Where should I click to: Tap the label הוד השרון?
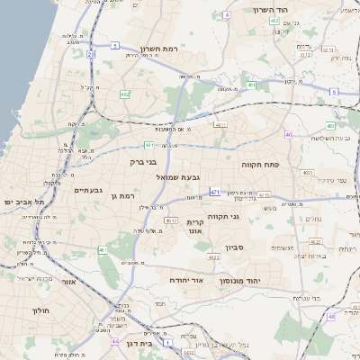(x=319, y=10)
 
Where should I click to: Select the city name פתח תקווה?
(x=261, y=166)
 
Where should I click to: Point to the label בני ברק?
(x=143, y=163)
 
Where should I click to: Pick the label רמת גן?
(x=119, y=195)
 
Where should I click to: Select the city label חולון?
(x=21, y=310)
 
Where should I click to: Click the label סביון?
(x=235, y=246)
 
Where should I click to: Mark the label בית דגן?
(x=161, y=343)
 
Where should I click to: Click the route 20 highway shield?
(x=91, y=54)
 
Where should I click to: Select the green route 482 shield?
(x=124, y=94)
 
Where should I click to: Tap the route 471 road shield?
(x=214, y=192)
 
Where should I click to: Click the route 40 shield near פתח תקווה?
(x=288, y=135)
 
